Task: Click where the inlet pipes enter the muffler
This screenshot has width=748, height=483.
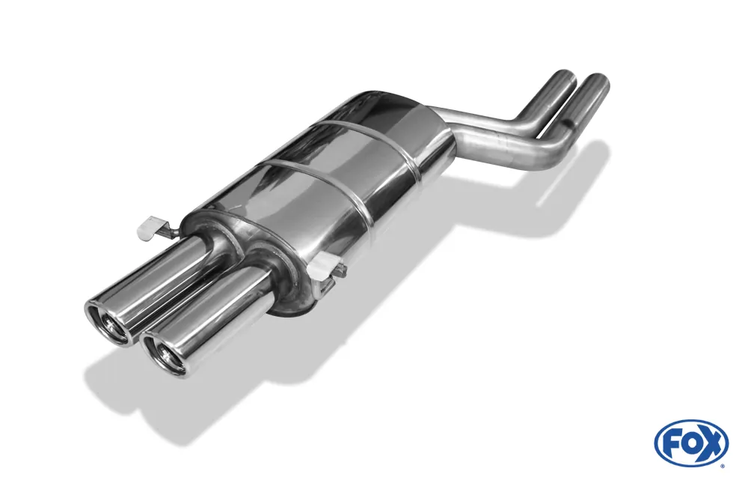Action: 452,131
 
